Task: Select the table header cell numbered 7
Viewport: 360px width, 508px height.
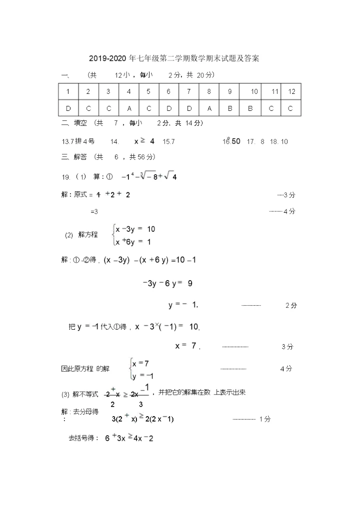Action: pyautogui.click(x=189, y=91)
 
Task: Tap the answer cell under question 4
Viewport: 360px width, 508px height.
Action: pyautogui.click(x=128, y=108)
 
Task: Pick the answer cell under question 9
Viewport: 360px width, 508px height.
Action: pyautogui.click(x=229, y=108)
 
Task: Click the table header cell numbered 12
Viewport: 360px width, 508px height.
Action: pyautogui.click(x=292, y=91)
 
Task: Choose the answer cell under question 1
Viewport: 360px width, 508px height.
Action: pyautogui.click(x=68, y=108)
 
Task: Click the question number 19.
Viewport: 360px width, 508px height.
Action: pyautogui.click(x=65, y=177)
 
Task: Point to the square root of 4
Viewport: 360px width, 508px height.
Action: pyautogui.click(x=170, y=176)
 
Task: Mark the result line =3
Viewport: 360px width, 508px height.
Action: pyautogui.click(x=94, y=211)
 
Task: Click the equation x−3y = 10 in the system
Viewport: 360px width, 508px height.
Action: pyautogui.click(x=135, y=229)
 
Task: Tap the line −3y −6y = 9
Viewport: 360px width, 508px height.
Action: pyautogui.click(x=167, y=283)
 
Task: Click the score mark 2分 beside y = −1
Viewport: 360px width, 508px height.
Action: pyautogui.click(x=290, y=305)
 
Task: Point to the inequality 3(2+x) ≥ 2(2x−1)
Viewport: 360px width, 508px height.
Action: pyautogui.click(x=142, y=419)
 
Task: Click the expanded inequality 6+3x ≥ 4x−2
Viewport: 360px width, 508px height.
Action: pyautogui.click(x=128, y=439)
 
